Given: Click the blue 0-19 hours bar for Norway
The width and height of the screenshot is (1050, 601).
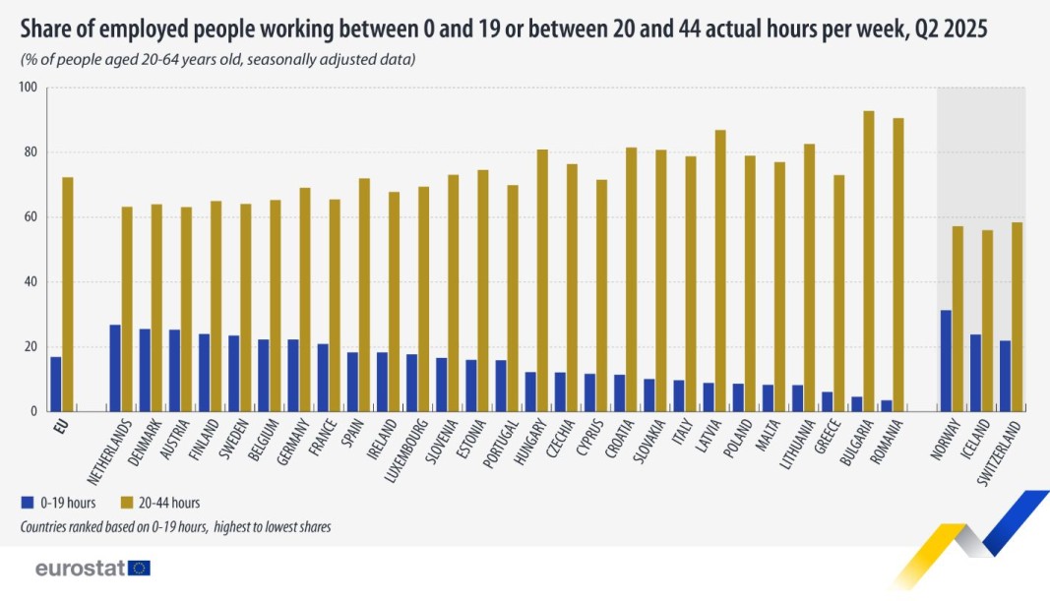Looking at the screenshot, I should (x=946, y=361).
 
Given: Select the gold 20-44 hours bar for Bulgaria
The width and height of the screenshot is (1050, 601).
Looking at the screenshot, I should (x=868, y=261).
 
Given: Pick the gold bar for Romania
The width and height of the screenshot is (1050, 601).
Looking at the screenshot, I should (x=897, y=265).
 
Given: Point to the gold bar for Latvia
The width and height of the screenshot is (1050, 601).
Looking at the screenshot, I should (x=720, y=270).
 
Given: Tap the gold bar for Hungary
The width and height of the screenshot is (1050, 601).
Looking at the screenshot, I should (x=542, y=280).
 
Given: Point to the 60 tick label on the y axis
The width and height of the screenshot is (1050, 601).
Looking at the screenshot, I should (x=30, y=217).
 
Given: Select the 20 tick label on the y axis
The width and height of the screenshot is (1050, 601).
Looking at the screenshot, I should (x=30, y=347).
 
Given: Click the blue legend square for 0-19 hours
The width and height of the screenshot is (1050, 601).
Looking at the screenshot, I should (x=27, y=504).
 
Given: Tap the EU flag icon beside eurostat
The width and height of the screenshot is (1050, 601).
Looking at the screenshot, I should (x=139, y=569).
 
